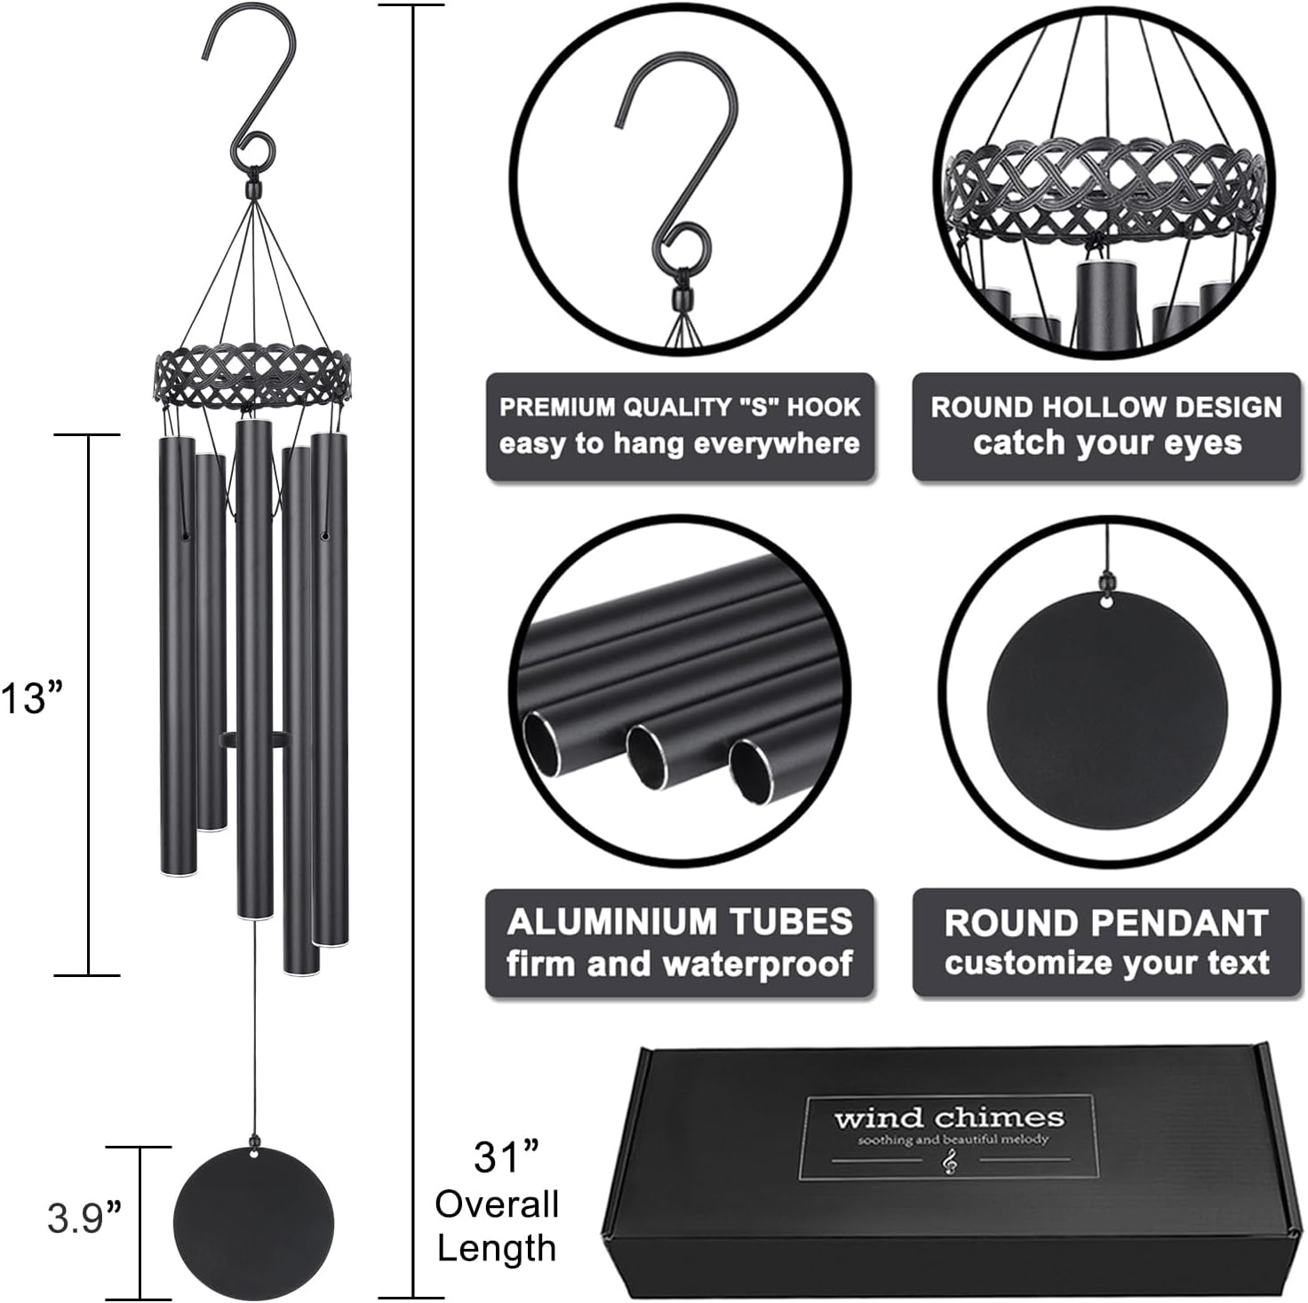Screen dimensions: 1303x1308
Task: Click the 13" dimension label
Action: pos(34,698)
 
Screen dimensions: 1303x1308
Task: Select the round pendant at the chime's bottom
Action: pos(253,1223)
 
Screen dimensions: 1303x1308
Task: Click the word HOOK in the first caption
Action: pos(824,407)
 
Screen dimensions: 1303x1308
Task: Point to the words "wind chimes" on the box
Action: pos(948,1117)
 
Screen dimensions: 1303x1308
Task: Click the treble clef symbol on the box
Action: pos(950,1160)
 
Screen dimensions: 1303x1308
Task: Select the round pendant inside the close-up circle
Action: pos(1107,711)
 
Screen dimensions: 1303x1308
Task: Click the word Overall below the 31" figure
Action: pos(497,1204)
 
